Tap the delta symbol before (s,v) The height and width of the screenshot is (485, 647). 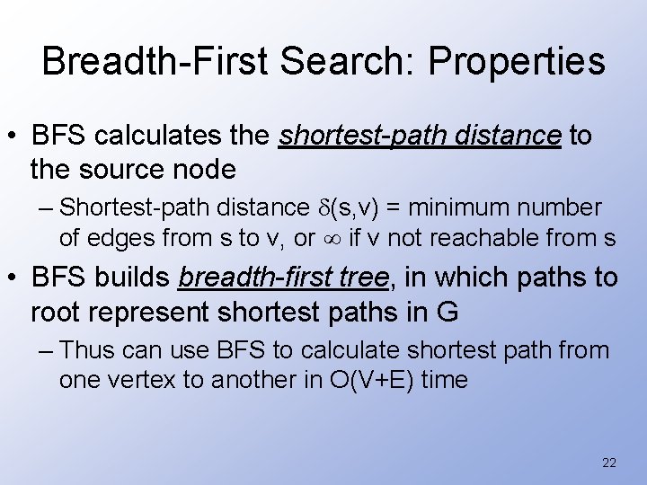[x=321, y=208]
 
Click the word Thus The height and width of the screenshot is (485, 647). [x=92, y=351]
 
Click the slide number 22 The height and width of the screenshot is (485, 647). [x=608, y=463]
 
